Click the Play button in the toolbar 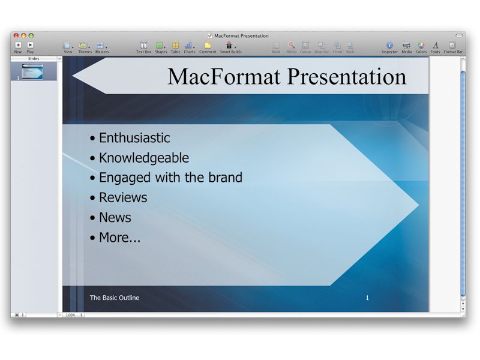(x=30, y=45)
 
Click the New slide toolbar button (x=18, y=45)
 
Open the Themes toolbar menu (x=84, y=46)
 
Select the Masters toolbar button (x=101, y=46)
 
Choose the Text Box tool (x=143, y=45)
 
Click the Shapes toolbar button (x=160, y=45)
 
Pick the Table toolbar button (x=175, y=45)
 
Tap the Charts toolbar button (x=189, y=45)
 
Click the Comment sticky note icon (x=208, y=45)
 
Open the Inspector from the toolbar (x=389, y=45)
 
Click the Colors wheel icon (x=421, y=45)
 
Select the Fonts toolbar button (x=435, y=45)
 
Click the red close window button (x=16, y=36)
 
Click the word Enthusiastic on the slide (x=134, y=138)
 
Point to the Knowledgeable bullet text (x=143, y=158)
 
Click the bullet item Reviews (x=122, y=197)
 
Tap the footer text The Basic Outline (x=114, y=298)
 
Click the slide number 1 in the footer (x=367, y=298)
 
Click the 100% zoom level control (x=73, y=314)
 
